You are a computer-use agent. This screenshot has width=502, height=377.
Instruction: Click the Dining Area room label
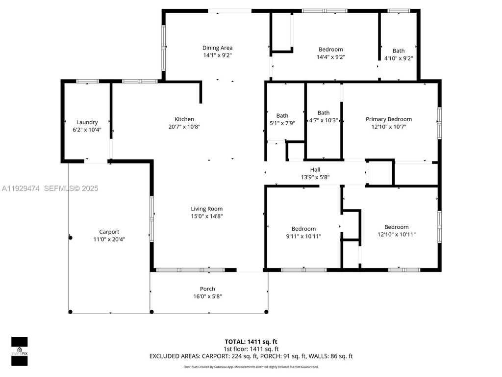(217, 48)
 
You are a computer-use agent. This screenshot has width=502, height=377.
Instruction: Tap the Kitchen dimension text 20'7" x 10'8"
(184, 126)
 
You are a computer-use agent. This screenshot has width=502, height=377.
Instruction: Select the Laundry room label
(87, 122)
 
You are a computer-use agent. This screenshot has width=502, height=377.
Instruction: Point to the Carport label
(109, 232)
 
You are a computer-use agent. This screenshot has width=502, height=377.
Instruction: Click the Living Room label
(207, 209)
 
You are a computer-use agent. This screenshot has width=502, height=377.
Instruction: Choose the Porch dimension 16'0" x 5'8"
(207, 296)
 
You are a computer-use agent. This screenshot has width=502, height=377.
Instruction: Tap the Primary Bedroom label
(388, 119)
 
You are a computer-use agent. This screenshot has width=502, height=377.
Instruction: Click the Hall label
(315, 170)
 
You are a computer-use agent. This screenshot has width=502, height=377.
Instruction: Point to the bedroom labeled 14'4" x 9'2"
(330, 50)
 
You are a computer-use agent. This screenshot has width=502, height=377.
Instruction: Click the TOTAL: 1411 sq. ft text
(251, 342)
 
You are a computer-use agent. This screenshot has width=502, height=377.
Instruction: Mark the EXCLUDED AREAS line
(251, 356)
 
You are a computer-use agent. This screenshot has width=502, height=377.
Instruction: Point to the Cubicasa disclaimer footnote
(251, 367)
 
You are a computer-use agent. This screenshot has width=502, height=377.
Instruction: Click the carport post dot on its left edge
(70, 237)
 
